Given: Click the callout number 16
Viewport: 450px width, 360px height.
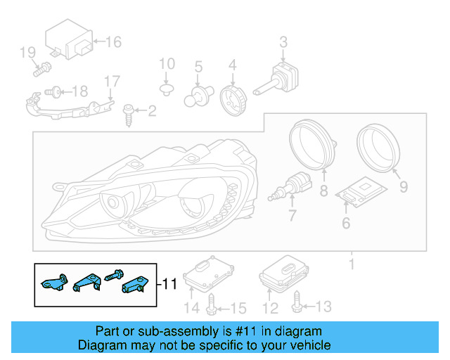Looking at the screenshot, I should [x=113, y=41].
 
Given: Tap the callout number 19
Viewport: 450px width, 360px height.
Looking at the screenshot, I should [x=27, y=52].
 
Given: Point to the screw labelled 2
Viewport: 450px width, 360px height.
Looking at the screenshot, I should [x=129, y=112].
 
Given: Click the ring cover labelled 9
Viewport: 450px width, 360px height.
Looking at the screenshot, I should [x=378, y=145].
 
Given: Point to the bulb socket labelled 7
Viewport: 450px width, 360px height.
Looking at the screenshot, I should [x=291, y=186].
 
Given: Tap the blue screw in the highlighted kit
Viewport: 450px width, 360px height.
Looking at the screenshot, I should [x=113, y=276].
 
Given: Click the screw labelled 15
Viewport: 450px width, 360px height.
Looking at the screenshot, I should [x=213, y=305].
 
